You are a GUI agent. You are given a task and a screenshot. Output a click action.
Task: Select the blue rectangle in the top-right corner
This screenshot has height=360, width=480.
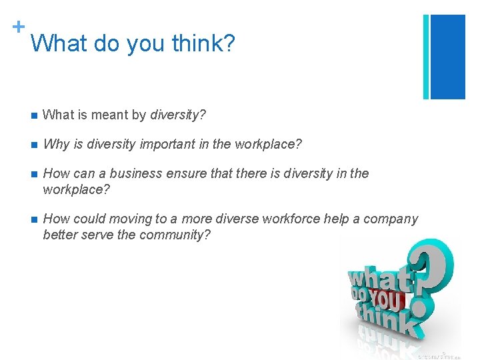[448, 57]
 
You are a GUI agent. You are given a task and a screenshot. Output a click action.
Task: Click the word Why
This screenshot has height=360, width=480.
[55, 144]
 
